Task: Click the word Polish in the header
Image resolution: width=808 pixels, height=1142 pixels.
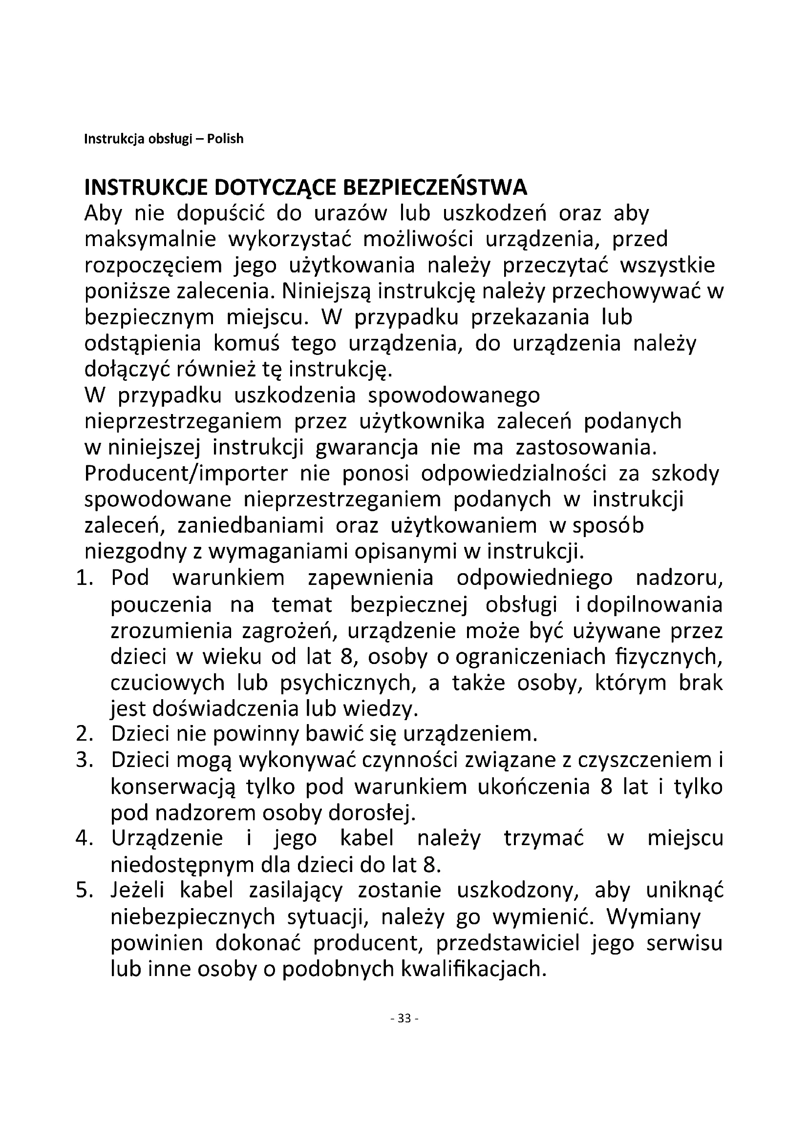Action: [x=225, y=139]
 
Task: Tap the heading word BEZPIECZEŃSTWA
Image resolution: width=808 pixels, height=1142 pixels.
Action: [x=435, y=188]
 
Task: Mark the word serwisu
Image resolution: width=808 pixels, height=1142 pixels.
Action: [x=684, y=942]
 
